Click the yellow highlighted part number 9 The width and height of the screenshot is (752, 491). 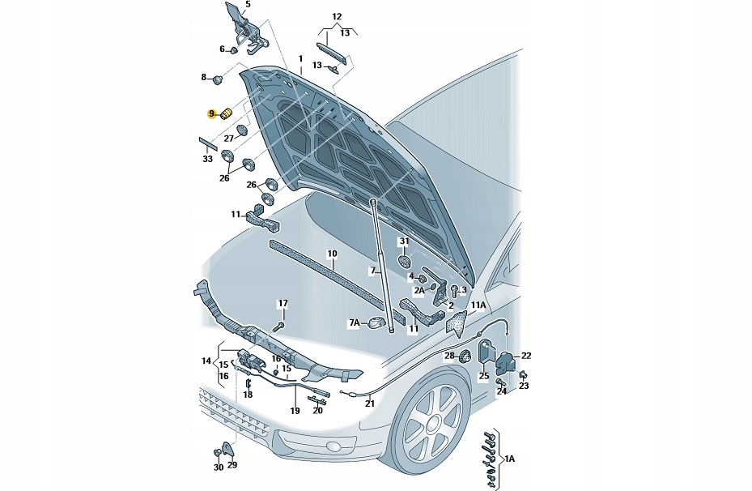211,114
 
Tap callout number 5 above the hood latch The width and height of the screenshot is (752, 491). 248,5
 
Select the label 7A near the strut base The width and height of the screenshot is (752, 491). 354,322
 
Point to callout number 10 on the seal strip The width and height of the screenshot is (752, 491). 332,254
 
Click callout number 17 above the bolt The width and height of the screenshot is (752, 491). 283,304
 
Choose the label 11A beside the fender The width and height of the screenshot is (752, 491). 478,305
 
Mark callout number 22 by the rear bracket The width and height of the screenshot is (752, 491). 526,356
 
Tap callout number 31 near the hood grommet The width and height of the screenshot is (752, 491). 404,241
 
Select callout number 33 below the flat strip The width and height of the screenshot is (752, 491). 208,158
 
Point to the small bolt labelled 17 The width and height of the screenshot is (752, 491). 278,327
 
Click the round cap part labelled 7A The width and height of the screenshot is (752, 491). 376,323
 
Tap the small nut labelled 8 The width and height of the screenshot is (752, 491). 219,79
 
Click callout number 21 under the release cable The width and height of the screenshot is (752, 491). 370,403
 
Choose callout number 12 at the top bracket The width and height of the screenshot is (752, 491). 337,16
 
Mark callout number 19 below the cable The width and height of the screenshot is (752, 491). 295,411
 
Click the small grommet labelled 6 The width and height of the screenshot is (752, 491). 234,50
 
